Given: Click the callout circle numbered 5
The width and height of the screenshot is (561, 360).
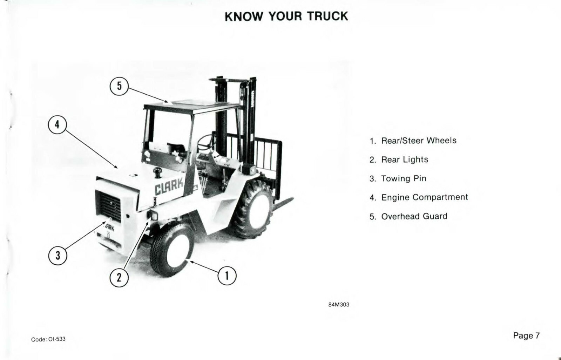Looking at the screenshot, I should tap(119, 86).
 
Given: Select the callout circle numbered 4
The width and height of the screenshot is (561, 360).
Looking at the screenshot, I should tap(58, 124).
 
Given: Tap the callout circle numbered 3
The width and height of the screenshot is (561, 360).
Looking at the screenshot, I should tap(58, 256).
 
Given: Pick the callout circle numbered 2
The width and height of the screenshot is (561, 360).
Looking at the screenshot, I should tap(119, 278).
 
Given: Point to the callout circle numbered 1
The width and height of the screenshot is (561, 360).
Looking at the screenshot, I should tap(227, 276).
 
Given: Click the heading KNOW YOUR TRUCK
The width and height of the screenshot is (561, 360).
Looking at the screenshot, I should tap(286, 16).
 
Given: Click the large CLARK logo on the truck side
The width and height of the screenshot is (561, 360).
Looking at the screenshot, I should tap(169, 186).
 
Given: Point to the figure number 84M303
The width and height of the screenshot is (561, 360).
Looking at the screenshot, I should tap(338, 305).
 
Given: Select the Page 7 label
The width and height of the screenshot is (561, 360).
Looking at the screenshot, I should tap(526, 335).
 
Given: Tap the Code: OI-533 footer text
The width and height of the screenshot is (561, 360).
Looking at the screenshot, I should tap(48, 339).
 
